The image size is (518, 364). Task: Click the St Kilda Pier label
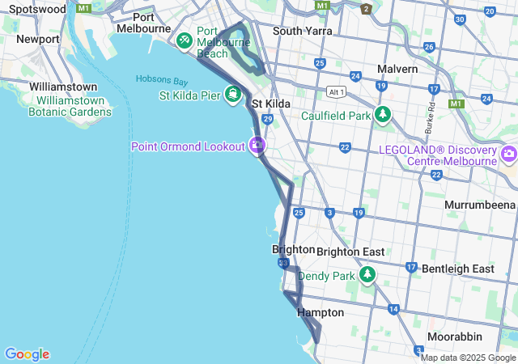tap(190, 95)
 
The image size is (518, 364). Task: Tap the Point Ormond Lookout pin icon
tap(257, 146)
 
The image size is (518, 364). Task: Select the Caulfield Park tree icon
tap(382, 116)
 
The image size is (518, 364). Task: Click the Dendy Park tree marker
tap(368, 276)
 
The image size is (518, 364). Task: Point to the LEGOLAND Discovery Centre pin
tap(509, 154)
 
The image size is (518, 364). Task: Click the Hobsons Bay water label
tap(162, 80)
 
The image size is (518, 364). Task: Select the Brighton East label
tap(350, 252)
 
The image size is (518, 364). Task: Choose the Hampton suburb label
tap(321, 312)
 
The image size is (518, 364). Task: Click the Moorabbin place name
tap(455, 336)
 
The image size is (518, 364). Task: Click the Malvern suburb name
tap(397, 69)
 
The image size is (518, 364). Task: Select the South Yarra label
tap(303, 31)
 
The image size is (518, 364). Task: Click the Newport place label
tap(37, 39)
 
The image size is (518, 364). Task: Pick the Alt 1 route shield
tap(337, 91)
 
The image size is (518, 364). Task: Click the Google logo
tap(27, 354)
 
